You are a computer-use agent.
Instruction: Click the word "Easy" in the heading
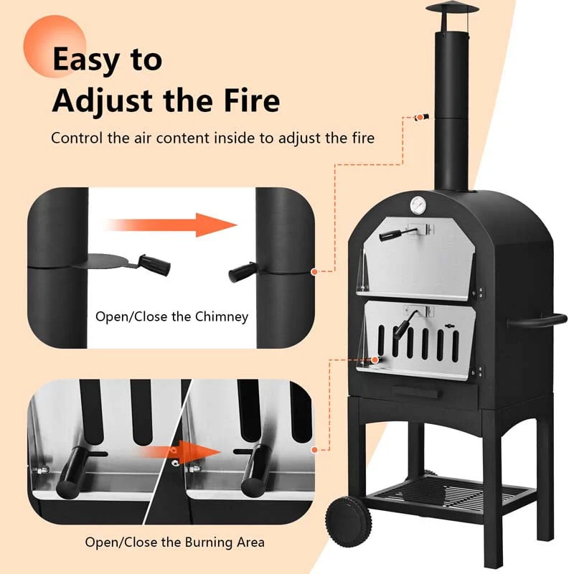click(86, 60)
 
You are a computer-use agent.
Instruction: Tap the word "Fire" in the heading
click(252, 100)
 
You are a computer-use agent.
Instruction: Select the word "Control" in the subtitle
click(77, 138)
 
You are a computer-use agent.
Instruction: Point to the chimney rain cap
click(452, 8)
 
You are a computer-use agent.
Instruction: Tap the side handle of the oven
click(537, 321)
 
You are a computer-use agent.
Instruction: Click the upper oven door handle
click(398, 233)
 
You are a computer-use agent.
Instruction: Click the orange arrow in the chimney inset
click(172, 225)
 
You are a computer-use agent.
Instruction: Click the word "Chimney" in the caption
click(222, 316)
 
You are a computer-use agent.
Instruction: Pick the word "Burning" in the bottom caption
click(208, 542)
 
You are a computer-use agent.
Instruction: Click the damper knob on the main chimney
click(424, 118)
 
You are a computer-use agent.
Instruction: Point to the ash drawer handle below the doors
click(416, 392)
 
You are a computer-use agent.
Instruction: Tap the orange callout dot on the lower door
click(375, 360)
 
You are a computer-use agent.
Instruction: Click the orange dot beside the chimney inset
click(314, 272)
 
